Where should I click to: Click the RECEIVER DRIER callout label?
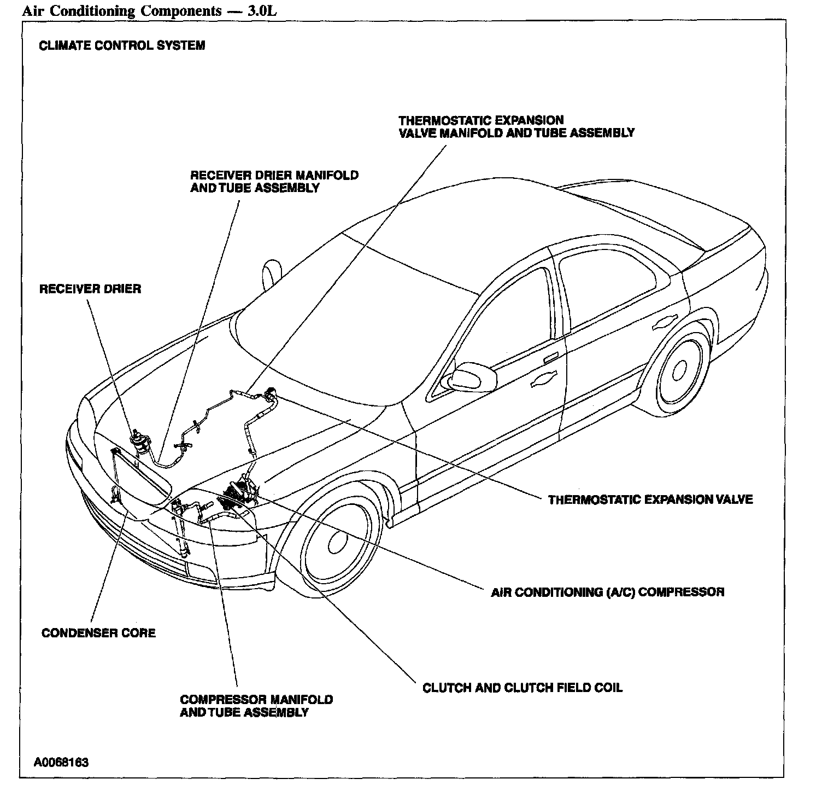pos(90,289)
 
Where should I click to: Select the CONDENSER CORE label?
pos(98,633)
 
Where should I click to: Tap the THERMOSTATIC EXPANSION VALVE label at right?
pos(650,499)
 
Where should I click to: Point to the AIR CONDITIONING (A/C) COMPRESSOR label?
pos(608,592)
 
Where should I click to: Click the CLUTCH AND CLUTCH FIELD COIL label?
pos(522,688)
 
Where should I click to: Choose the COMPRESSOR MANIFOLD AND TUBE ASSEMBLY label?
pos(256,706)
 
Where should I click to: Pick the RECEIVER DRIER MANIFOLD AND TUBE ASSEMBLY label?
pos(274,182)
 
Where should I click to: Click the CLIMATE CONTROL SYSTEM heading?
pos(122,45)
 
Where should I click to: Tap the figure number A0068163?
pos(61,763)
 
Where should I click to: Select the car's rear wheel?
pos(679,371)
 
